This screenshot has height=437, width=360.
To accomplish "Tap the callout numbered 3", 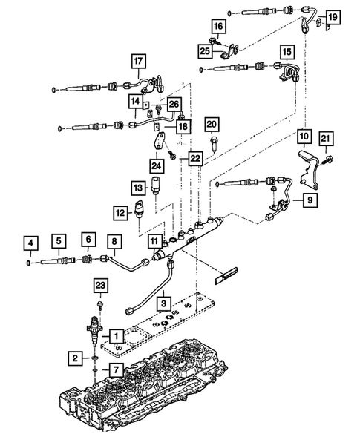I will (x=163, y=303).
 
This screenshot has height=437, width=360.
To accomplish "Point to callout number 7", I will (x=116, y=369).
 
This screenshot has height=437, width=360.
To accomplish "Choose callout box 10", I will (x=304, y=137).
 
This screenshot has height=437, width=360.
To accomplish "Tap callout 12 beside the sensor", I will (x=120, y=212).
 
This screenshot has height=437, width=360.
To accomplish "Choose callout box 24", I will (x=157, y=165).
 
